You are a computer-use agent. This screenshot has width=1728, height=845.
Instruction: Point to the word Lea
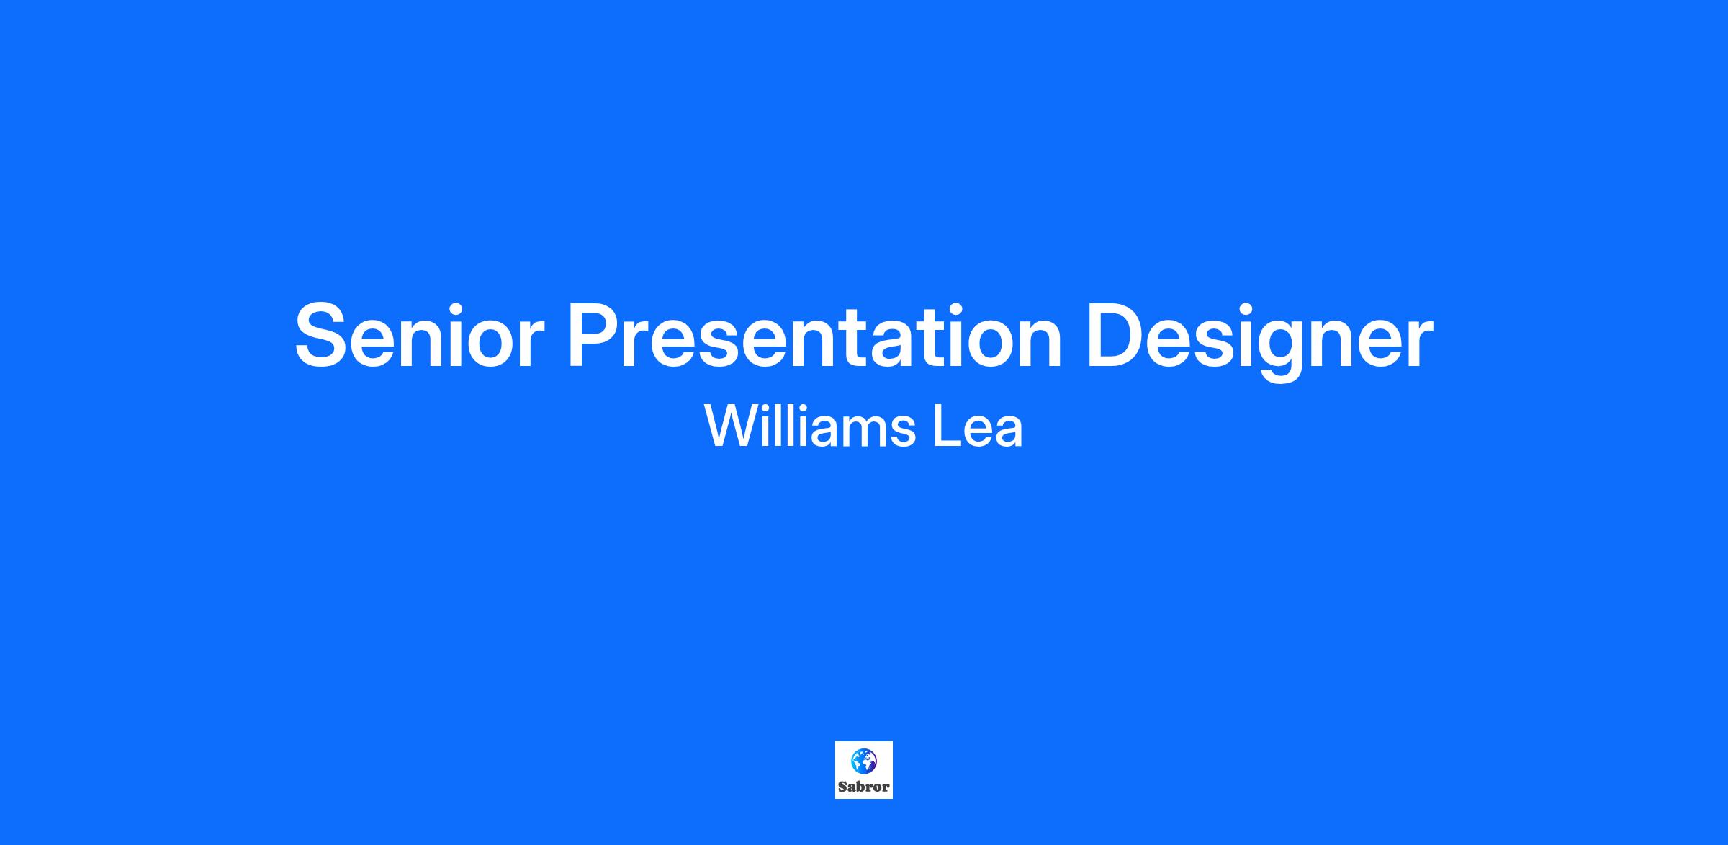click(978, 426)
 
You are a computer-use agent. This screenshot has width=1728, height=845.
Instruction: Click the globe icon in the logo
click(863, 760)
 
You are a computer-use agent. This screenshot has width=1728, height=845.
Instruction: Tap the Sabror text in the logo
click(863, 787)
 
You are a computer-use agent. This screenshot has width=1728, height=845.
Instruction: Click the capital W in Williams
click(734, 426)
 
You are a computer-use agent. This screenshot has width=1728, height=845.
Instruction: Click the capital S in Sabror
click(842, 787)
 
